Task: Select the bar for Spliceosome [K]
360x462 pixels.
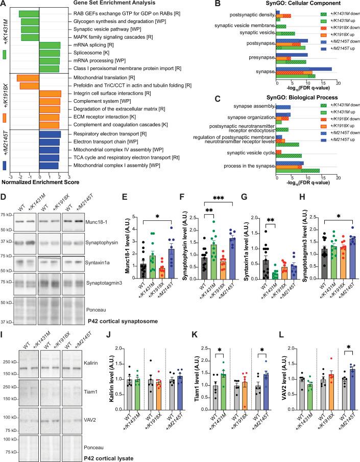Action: (x=50, y=53)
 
